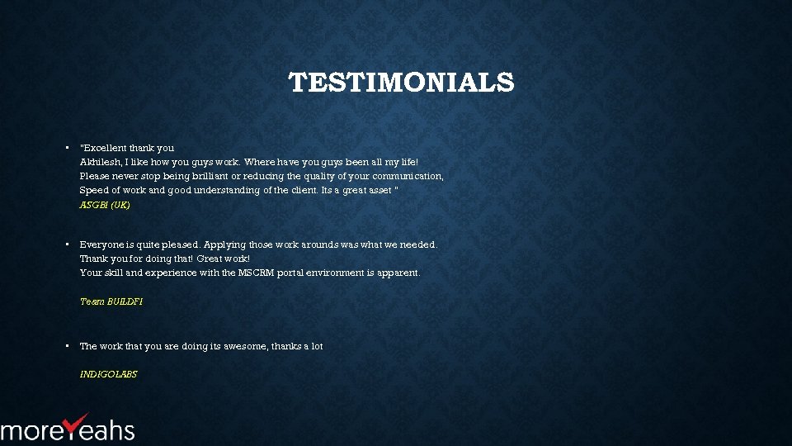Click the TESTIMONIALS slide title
click(x=401, y=83)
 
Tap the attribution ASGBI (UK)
click(x=105, y=205)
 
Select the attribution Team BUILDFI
click(x=111, y=301)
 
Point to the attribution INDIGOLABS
click(x=108, y=374)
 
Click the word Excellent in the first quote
click(x=103, y=148)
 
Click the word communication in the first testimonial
click(x=408, y=176)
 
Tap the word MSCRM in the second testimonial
click(x=256, y=273)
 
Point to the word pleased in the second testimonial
click(x=180, y=244)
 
